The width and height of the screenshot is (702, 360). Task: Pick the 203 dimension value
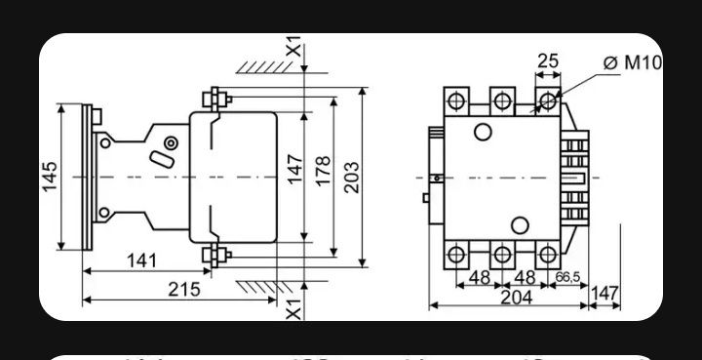coord(351,176)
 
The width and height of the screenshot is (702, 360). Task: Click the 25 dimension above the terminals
coord(548,60)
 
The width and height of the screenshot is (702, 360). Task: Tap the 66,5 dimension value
coord(568,277)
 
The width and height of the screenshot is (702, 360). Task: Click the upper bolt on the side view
coord(214,98)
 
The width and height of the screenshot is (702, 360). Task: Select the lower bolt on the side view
coord(214,257)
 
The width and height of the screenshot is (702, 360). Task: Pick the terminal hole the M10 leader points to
coord(548,100)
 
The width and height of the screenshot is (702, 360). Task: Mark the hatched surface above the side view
coord(263,67)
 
